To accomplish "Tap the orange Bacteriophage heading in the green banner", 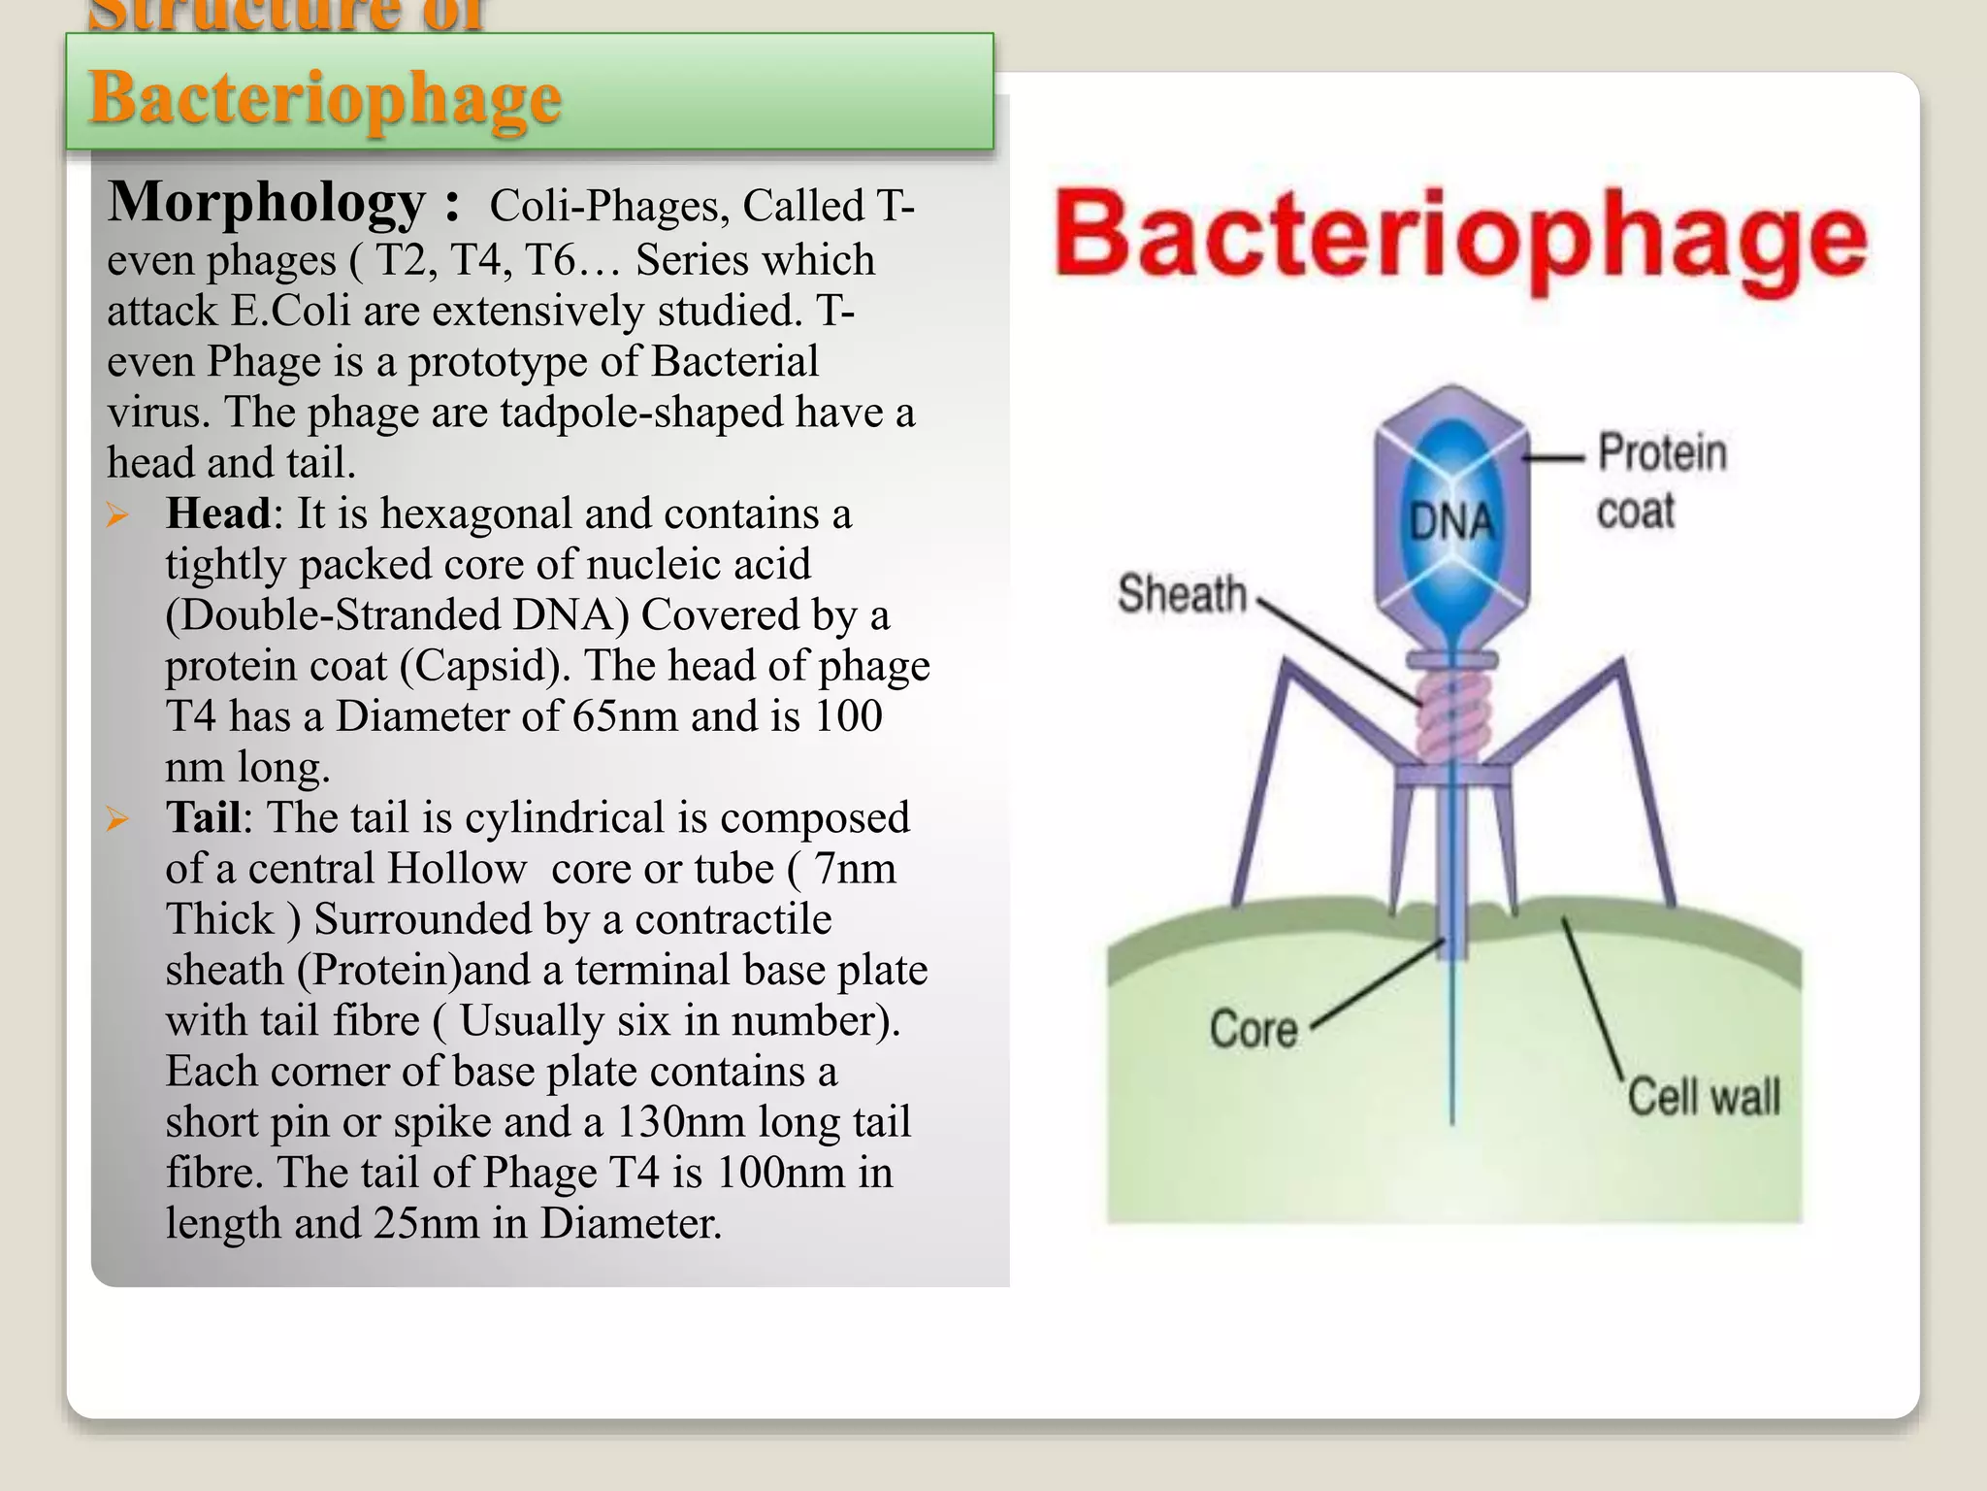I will point(325,98).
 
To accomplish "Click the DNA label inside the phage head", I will point(1451,521).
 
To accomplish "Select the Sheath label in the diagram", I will point(1182,593).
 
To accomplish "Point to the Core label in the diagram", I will point(1253,1029).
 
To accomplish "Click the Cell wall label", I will point(1704,1097).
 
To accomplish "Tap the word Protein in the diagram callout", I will point(1662,452).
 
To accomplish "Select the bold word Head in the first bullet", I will point(218,514).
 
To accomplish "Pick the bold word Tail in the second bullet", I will point(203,817).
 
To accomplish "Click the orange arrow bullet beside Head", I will point(118,514).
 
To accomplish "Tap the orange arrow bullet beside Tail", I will point(118,818).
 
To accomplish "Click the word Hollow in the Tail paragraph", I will point(457,869).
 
